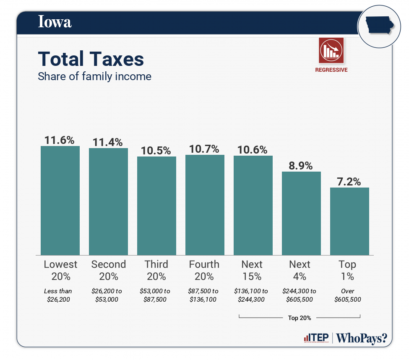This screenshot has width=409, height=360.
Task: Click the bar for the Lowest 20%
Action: [60, 201]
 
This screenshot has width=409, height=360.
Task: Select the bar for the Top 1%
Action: [349, 221]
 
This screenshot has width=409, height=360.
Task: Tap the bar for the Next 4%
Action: [301, 213]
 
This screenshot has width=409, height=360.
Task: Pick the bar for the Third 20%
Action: [156, 206]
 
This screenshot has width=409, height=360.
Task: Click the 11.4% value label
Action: [108, 142]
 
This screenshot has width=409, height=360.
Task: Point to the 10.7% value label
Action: [205, 149]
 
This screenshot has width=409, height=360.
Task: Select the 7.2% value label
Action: [349, 181]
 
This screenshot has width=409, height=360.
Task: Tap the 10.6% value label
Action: [253, 150]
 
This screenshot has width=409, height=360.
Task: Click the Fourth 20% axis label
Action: [204, 270]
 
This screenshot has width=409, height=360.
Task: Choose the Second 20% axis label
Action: [108, 270]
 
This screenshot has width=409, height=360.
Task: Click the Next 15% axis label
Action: [252, 270]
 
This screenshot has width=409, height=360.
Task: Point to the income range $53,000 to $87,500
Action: [156, 295]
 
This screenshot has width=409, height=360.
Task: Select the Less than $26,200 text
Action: [58, 295]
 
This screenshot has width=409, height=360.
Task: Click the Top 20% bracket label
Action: [300, 318]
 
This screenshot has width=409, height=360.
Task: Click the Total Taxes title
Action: [91, 59]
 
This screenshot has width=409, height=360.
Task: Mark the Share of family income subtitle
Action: [94, 76]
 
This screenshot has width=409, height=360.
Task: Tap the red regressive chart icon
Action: [331, 50]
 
